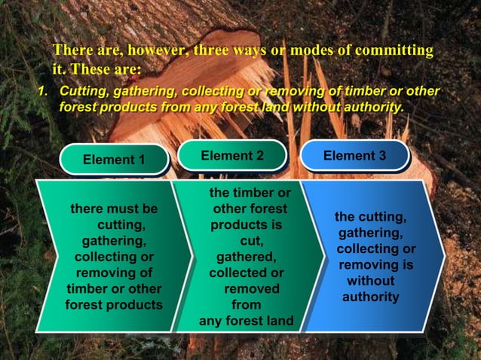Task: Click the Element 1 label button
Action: click(114, 160)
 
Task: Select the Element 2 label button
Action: click(232, 156)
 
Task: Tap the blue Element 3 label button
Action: click(354, 156)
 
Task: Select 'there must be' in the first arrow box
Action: click(114, 209)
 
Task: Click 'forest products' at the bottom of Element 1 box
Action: click(114, 305)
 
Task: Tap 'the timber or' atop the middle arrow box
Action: click(250, 193)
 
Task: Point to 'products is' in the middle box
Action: click(247, 224)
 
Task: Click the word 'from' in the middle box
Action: click(247, 305)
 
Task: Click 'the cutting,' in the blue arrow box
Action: click(370, 217)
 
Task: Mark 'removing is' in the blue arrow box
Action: click(375, 265)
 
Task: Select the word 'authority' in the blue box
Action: click(371, 297)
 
